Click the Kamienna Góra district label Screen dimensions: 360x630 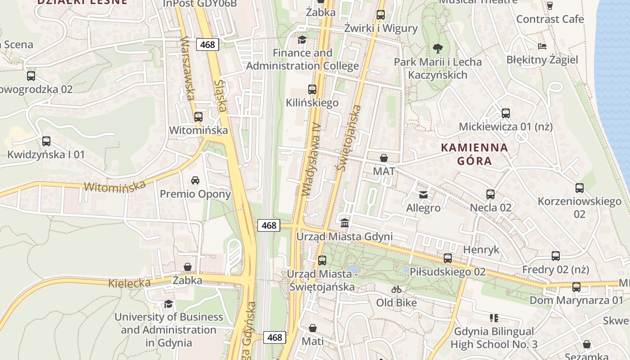[474, 154]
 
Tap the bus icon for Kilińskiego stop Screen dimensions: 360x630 [312, 90]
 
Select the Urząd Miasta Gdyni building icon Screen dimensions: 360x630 [345, 222]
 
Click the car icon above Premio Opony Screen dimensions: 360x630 [195, 180]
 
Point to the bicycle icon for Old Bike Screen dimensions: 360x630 [396, 289]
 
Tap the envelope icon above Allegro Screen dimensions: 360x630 [423, 194]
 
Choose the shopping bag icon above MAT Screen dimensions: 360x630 [384, 158]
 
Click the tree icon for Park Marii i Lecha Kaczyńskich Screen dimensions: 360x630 [437, 48]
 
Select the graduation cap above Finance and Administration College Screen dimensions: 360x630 [302, 40]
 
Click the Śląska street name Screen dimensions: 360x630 [220, 96]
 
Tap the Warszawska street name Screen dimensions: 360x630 [188, 68]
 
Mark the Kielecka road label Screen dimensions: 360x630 [129, 283]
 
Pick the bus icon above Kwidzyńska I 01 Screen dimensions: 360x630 [46, 141]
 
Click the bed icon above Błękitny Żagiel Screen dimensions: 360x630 [542, 46]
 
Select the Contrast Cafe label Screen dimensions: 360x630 [550, 19]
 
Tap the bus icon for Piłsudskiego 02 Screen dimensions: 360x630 [448, 258]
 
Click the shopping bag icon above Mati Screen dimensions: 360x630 [313, 328]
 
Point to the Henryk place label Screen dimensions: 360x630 [481, 250]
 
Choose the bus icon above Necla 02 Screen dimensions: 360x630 [490, 194]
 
